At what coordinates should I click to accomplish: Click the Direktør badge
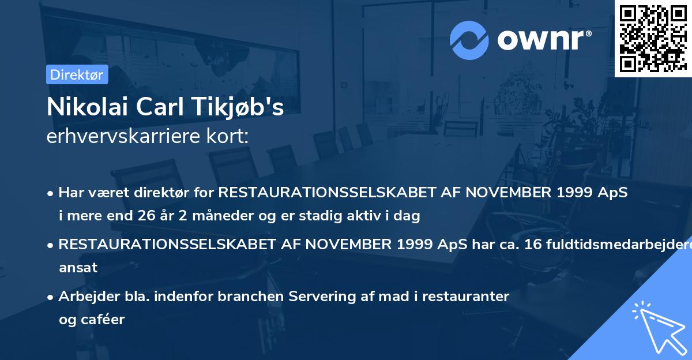(77, 74)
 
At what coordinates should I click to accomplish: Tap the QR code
(653, 39)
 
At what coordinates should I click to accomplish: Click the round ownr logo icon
(469, 40)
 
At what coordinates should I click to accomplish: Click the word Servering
(325, 297)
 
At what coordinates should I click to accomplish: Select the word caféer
(104, 319)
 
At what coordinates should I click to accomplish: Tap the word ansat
(78, 267)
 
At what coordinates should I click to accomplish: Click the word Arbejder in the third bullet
(84, 297)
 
